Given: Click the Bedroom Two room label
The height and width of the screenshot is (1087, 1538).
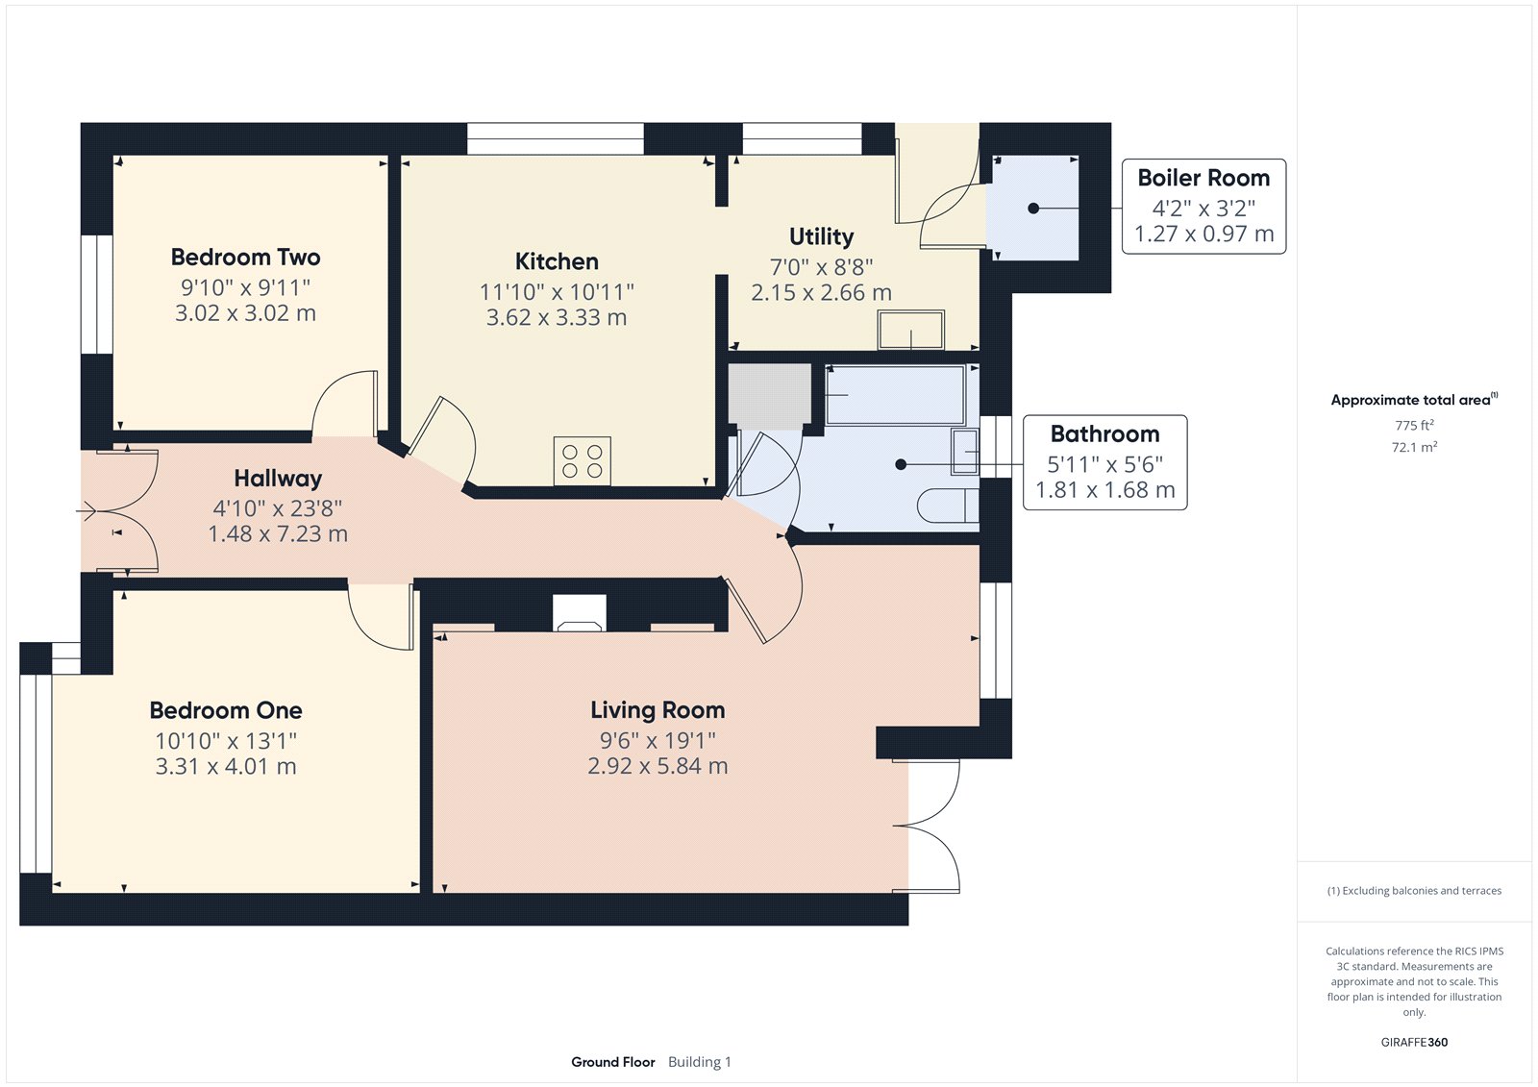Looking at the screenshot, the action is click(245, 258).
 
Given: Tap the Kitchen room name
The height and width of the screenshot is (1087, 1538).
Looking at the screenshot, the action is click(557, 261).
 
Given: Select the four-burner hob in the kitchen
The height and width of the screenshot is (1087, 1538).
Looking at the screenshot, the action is click(583, 460).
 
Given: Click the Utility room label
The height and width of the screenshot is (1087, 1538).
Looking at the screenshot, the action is click(821, 236).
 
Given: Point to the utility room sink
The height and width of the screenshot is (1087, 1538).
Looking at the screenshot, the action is click(911, 330).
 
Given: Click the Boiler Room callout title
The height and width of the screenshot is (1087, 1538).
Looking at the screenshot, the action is click(1203, 178).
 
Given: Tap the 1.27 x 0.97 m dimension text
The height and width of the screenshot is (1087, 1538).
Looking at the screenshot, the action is click(1203, 235).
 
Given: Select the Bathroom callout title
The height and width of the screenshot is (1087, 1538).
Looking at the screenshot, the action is click(1104, 434).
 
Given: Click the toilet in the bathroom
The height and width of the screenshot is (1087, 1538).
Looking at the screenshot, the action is click(948, 506).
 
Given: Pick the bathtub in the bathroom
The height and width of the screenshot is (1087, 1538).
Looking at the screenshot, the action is click(896, 395).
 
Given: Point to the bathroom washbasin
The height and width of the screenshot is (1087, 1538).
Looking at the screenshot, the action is click(965, 452).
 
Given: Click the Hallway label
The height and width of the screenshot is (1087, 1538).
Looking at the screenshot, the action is click(278, 479).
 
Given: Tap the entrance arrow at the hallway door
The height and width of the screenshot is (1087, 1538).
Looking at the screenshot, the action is click(86, 511).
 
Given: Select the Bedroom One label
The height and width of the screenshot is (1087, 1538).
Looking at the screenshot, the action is click(226, 710).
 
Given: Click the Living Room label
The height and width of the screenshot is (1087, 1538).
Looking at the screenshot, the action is click(657, 710).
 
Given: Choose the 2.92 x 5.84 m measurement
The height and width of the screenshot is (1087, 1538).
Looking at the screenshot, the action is click(657, 766).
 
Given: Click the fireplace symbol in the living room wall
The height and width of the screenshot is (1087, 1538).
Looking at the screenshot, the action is click(580, 612).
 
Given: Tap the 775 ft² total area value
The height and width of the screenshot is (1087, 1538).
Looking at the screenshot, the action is click(1414, 425).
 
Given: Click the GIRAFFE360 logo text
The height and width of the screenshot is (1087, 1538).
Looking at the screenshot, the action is click(1414, 1042).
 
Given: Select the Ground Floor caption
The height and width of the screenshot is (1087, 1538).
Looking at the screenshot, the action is click(613, 1062).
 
